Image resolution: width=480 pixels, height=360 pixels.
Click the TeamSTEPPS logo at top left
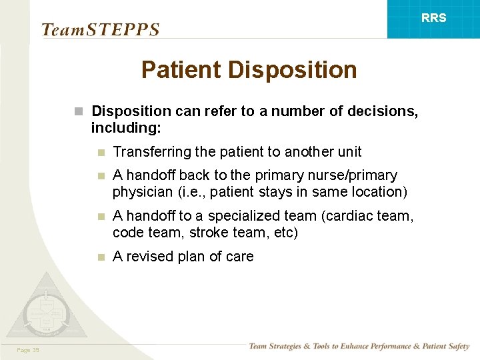[100, 30]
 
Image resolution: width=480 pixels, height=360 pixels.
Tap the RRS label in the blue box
[433, 18]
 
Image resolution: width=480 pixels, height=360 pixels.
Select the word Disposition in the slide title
[294, 69]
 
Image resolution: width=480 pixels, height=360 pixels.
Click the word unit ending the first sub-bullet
[349, 152]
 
